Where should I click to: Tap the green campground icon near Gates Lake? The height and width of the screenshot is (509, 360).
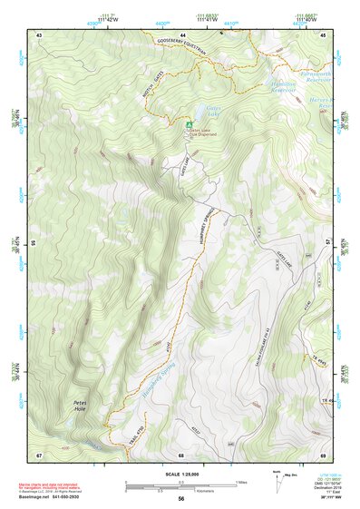point(189,124)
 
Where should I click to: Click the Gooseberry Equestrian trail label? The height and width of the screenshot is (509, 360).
point(182,52)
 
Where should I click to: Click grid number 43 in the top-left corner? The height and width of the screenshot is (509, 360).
point(39,34)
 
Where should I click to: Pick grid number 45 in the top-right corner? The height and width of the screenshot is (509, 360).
point(322,34)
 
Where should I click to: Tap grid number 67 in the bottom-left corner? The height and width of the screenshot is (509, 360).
point(39,454)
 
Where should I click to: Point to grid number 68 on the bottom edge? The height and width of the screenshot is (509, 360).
point(181,455)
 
